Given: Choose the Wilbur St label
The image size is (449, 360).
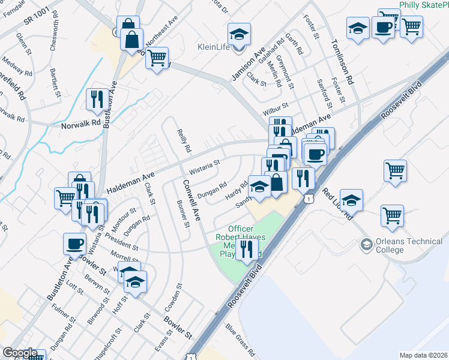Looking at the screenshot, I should coord(276,112).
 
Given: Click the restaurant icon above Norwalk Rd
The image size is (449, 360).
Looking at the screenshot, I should coord(97,99).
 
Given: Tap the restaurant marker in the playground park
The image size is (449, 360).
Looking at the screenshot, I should coord(246,248).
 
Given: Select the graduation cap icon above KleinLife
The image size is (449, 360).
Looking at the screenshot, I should coord(239,32).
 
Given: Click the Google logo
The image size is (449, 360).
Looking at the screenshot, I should coord(20,353).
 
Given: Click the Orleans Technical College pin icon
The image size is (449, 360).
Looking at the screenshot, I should coord(366,245).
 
